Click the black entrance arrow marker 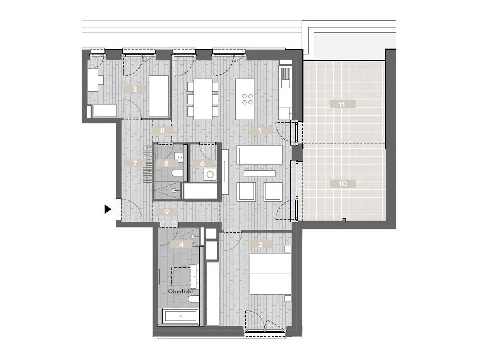click(108, 209)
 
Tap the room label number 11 click(342, 104)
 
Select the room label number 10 click(343, 183)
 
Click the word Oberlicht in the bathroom click(181, 292)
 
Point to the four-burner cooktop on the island click(248, 99)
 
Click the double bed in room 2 click(270, 274)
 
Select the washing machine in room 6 click(210, 174)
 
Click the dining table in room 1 click(203, 99)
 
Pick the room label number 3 click(135, 89)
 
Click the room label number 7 click(135, 163)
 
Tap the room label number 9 click(167, 212)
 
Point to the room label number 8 click(162, 130)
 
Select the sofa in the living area click(259, 155)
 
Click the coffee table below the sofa click(259, 174)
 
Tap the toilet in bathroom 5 click(177, 173)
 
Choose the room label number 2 click(260, 244)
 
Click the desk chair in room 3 click(100, 80)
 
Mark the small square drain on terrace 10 click(344, 220)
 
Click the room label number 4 click(181, 244)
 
